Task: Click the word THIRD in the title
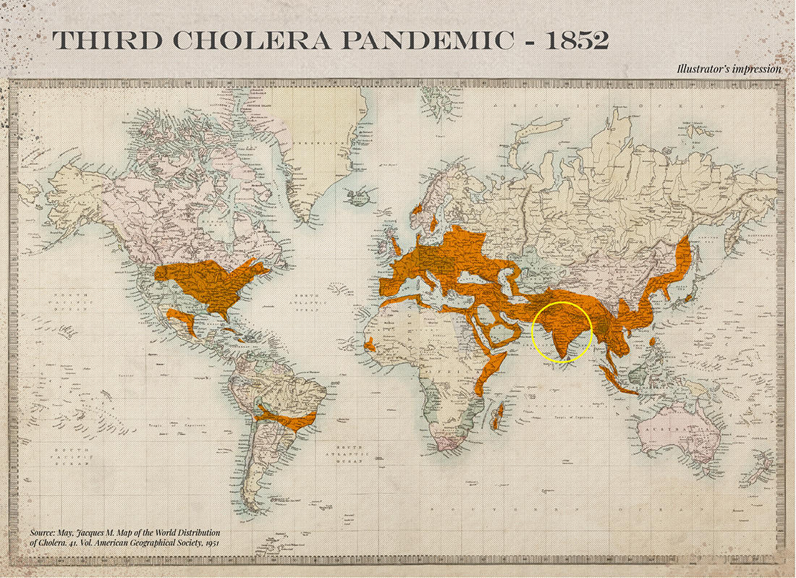(101, 41)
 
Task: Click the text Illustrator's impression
(729, 69)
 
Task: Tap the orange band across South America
(286, 419)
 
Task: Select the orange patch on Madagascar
(497, 416)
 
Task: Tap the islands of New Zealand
(760, 474)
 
